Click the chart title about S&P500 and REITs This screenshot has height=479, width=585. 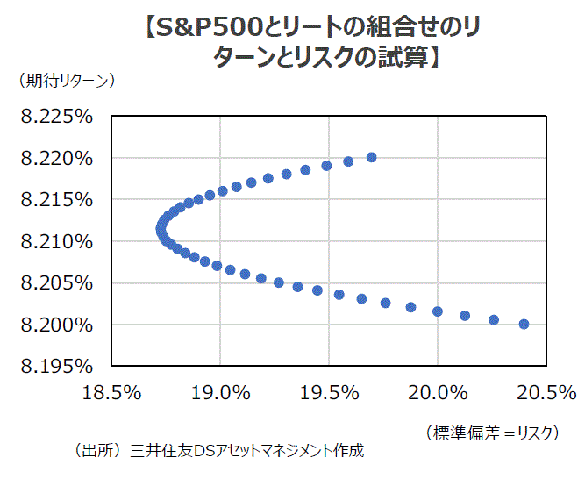point(292,44)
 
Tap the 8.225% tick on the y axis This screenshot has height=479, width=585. point(56,117)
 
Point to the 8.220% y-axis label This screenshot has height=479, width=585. point(56,159)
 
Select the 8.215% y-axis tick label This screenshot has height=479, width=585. point(56,200)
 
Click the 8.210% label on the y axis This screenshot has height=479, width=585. point(56,241)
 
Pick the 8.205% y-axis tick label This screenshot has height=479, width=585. point(56,283)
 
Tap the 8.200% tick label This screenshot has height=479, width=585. point(56,325)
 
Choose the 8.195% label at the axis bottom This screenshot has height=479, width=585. point(56,366)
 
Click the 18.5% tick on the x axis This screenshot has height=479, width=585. point(112,392)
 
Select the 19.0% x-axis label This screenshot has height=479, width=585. point(219,392)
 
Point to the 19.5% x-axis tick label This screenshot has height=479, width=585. point(328,392)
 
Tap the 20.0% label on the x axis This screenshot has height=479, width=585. point(437,392)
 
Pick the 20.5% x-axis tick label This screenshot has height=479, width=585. point(545,392)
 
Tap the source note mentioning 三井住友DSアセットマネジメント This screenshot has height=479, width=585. point(219,452)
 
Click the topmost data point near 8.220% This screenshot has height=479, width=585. point(371,157)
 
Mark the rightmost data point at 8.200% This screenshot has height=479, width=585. point(524,324)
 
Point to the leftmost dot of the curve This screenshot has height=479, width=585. point(161,230)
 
